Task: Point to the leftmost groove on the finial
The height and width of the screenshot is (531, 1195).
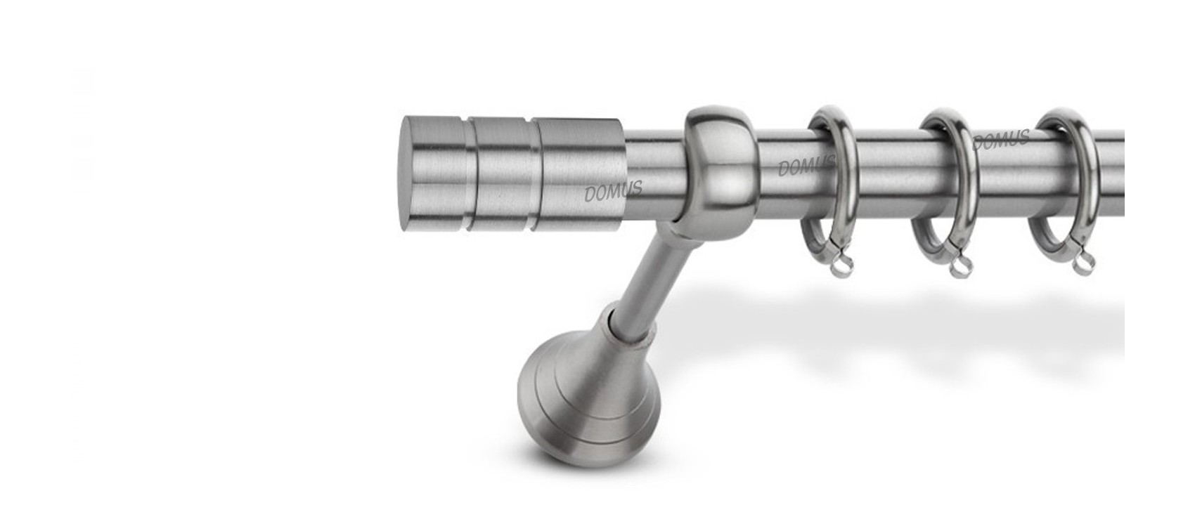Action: pyautogui.click(x=470, y=174)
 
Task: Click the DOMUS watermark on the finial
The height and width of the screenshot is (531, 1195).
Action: pyautogui.click(x=614, y=191)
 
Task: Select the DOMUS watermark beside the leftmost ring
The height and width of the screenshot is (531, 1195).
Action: pyautogui.click(x=806, y=165)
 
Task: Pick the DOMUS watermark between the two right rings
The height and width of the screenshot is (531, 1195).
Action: pyautogui.click(x=1002, y=140)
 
